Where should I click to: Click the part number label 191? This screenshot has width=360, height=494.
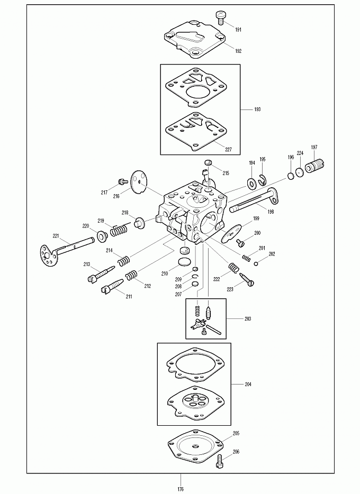(x=238, y=30)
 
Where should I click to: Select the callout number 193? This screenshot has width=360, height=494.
(x=257, y=109)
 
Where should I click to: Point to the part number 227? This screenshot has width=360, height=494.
(x=228, y=150)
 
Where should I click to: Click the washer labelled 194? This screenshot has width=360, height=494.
(x=252, y=182)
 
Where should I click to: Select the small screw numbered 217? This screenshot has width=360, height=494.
(x=122, y=181)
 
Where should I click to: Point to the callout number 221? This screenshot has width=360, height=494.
(x=56, y=236)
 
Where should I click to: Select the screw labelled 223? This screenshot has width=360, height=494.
(x=247, y=280)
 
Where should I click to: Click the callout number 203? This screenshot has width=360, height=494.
(x=248, y=319)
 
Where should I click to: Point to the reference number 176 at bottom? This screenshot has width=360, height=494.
(x=181, y=489)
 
